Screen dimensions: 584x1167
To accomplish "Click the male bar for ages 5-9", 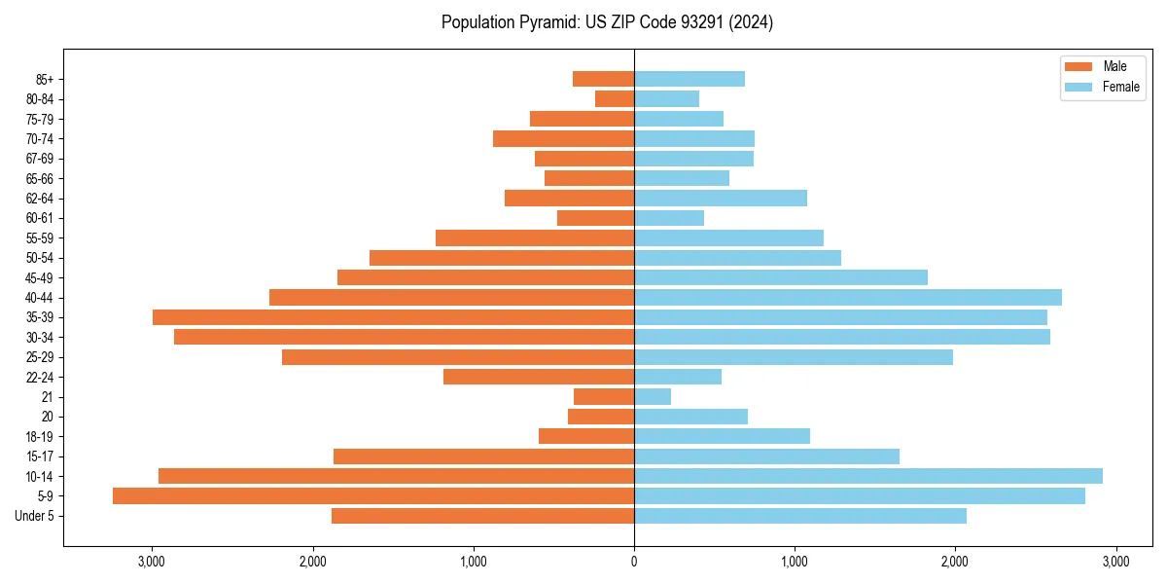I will [373, 496].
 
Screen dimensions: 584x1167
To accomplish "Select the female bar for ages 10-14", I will [868, 476].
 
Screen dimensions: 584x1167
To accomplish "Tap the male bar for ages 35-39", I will [393, 317].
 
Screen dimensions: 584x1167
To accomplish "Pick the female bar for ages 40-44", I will [848, 297].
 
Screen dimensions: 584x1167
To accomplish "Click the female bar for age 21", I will [653, 397].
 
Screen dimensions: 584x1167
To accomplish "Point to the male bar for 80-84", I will [615, 98].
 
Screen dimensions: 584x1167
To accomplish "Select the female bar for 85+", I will [690, 79].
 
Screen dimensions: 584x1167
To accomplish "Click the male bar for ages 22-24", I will [539, 377].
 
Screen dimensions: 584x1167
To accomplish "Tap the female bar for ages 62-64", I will [721, 199].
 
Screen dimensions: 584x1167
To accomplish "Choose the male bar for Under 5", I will [482, 516].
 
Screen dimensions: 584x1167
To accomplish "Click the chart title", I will [607, 22].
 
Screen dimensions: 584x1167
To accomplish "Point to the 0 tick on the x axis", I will [634, 562].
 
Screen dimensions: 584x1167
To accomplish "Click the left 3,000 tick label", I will [152, 562].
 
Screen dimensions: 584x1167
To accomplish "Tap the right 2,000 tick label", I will [955, 562].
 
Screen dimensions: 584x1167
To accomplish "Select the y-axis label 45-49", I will [40, 277].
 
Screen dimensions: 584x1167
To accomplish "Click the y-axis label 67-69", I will [40, 159].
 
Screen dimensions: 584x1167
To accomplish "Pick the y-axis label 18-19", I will [40, 437].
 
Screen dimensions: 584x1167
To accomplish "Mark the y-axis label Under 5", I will [35, 516].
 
